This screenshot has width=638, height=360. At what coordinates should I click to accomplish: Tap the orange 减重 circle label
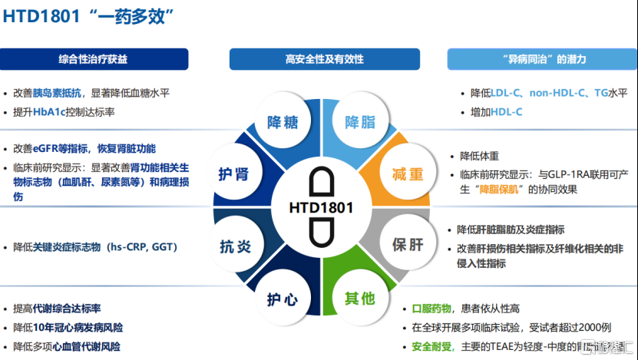click(x=408, y=174)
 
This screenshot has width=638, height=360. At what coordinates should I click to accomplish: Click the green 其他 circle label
click(x=359, y=299)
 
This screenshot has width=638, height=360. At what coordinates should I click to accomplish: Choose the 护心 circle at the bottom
click(x=282, y=299)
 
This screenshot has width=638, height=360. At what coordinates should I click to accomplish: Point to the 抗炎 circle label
click(x=235, y=246)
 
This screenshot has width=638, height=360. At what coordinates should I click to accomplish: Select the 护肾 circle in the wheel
click(x=233, y=174)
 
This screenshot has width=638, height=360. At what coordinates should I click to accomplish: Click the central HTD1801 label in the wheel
click(x=320, y=207)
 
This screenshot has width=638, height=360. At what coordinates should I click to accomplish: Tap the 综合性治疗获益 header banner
click(x=94, y=59)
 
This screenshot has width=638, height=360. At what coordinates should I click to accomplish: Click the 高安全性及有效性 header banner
click(x=324, y=59)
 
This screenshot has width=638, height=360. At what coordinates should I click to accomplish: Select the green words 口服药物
click(x=434, y=308)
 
